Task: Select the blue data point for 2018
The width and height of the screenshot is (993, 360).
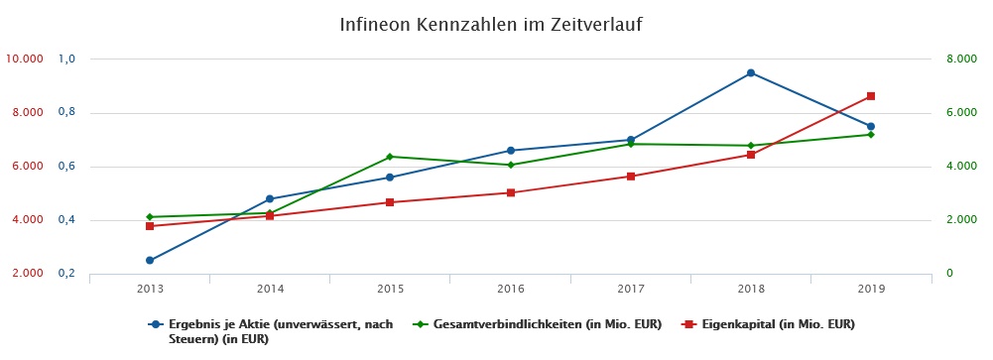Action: pos(751,73)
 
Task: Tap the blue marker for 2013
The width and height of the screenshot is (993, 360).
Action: pos(150,261)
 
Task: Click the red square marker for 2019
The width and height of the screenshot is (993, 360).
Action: pos(871,96)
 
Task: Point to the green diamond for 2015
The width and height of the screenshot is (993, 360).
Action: pos(390,157)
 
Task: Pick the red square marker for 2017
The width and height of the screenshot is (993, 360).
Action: pos(631,177)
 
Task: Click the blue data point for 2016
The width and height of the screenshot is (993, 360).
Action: pos(511,151)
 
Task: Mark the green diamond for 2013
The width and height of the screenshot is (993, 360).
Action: pos(150,217)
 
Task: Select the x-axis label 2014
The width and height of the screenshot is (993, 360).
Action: pos(270,289)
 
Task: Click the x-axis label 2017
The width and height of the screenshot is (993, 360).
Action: pos(631,289)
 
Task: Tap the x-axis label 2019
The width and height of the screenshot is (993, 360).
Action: pos(871,289)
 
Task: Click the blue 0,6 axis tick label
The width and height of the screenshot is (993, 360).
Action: pos(66,167)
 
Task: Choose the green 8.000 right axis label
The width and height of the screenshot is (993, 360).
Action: pos(960,60)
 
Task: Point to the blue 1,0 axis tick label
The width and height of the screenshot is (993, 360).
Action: pos(66,60)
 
